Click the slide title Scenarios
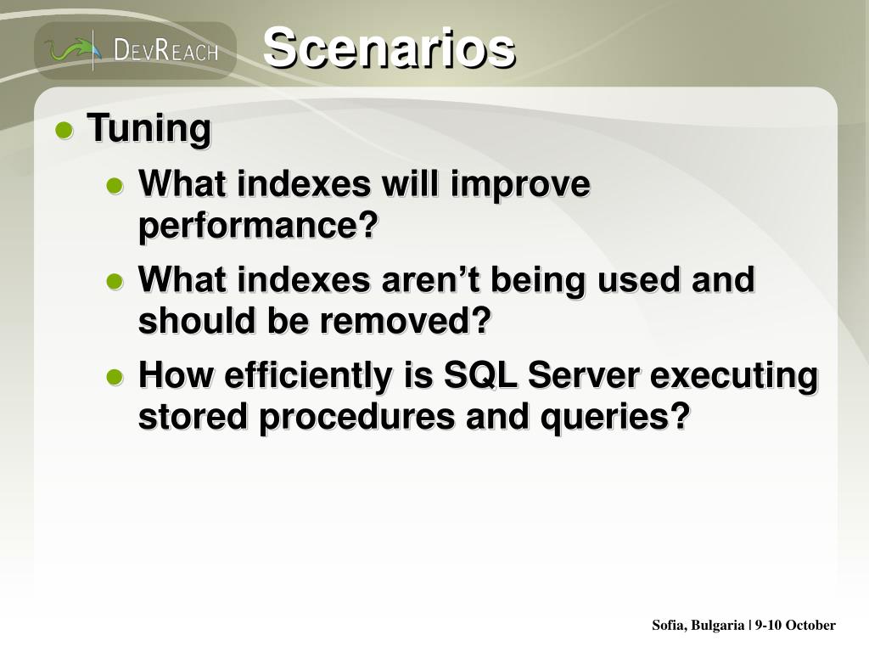389,48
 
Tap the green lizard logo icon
72,50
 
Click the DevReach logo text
165,50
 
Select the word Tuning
149,129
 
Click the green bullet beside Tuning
64,131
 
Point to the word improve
520,185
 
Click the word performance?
258,225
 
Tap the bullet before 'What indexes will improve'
115,186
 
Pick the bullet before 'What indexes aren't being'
115,282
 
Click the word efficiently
308,376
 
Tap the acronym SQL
480,375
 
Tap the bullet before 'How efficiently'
115,378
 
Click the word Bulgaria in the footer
718,626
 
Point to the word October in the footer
810,625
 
